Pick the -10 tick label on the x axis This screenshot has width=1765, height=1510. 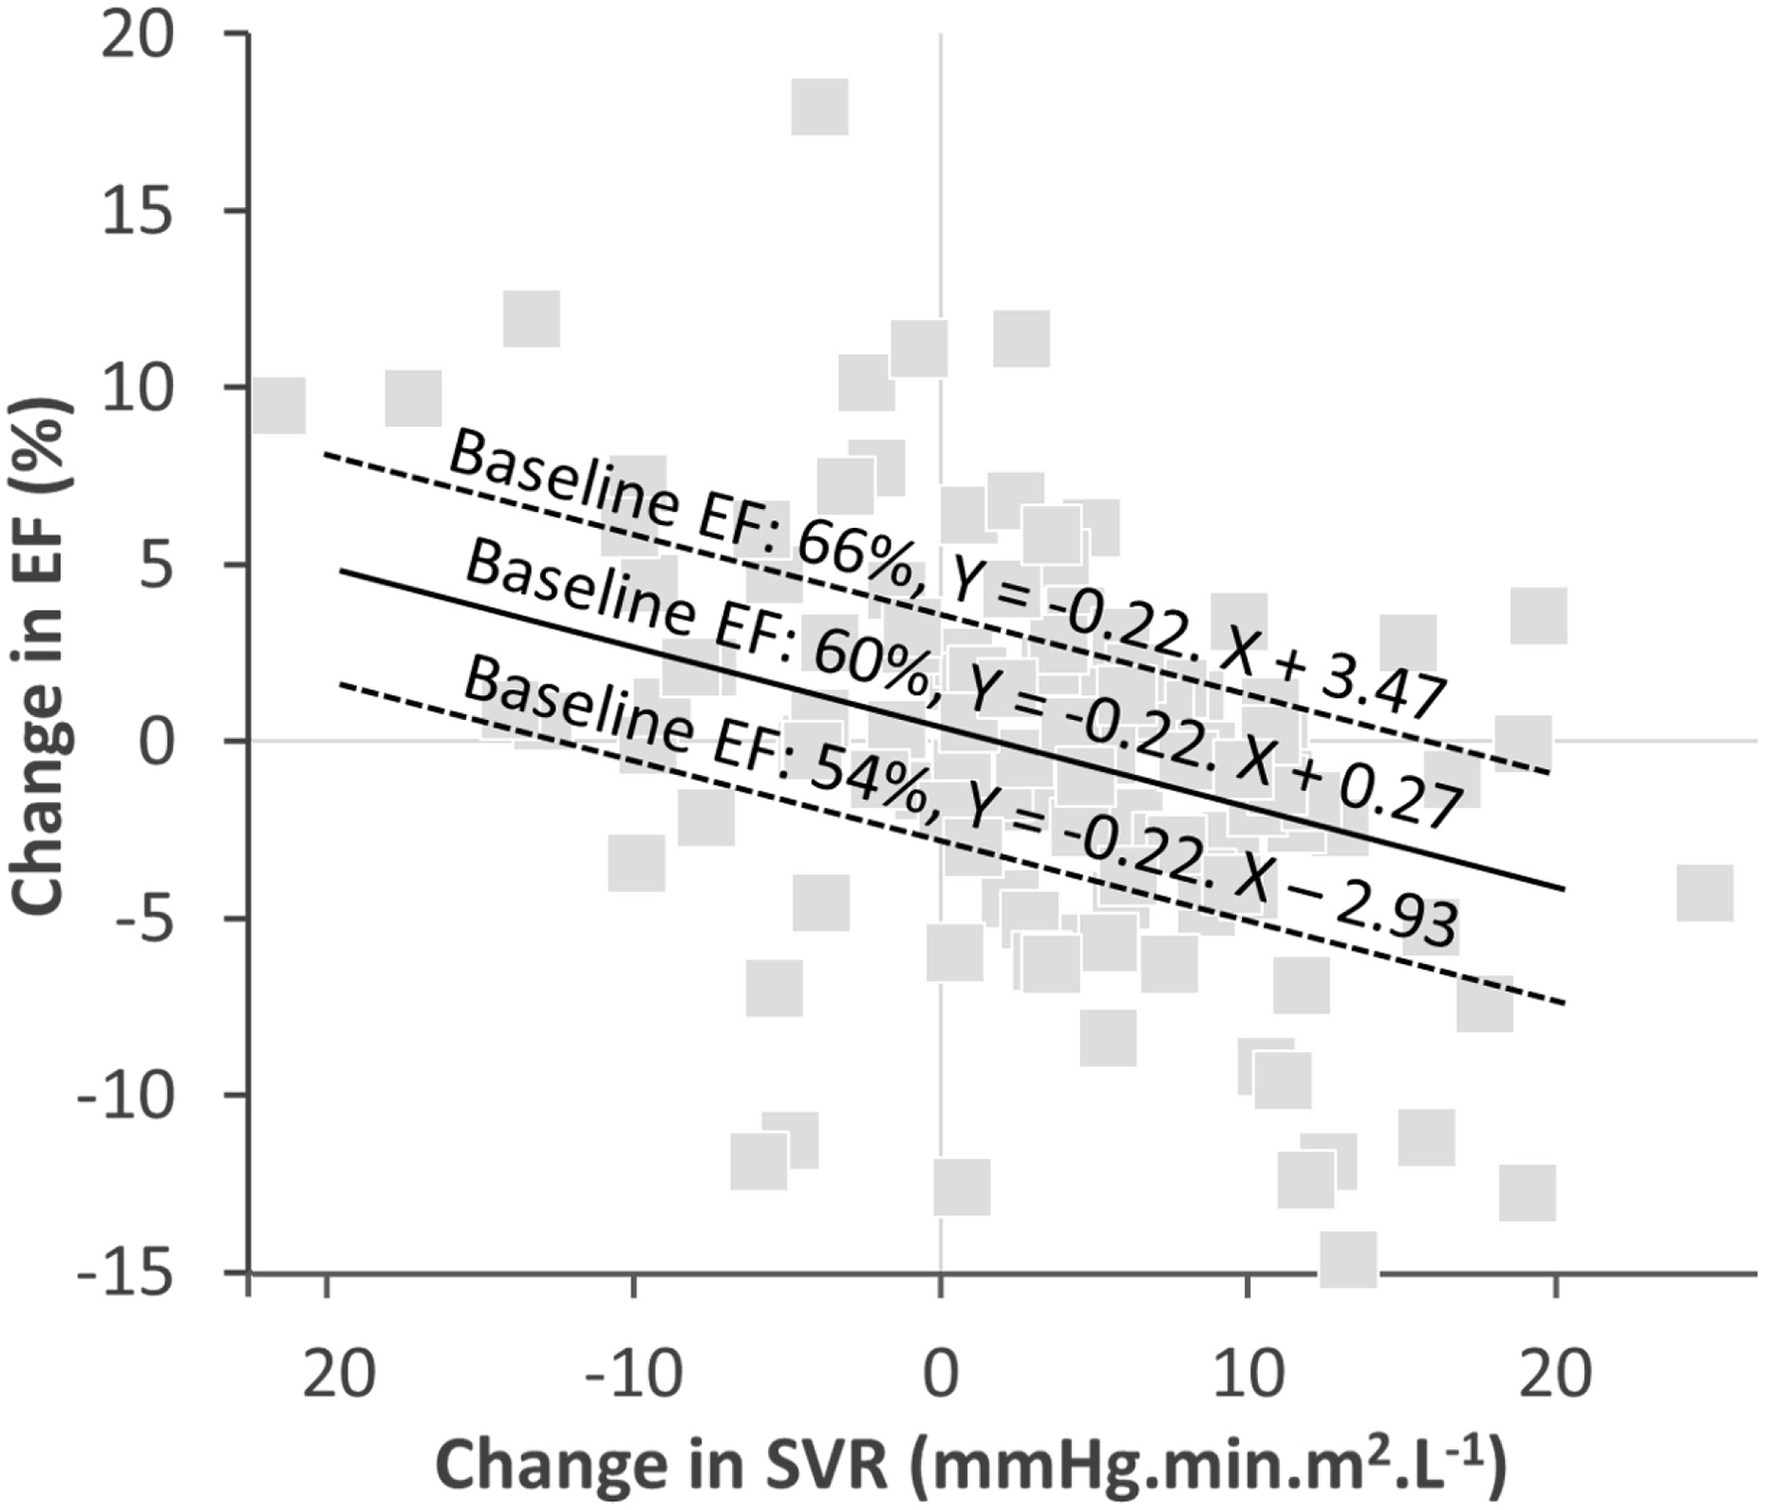(632, 1376)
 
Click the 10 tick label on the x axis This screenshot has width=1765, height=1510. (1246, 1376)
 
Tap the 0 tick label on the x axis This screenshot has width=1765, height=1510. (940, 1376)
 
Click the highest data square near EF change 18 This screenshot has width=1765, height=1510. (820, 108)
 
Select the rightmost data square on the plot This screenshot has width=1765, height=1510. (1704, 892)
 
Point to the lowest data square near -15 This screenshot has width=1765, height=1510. (1349, 1259)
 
